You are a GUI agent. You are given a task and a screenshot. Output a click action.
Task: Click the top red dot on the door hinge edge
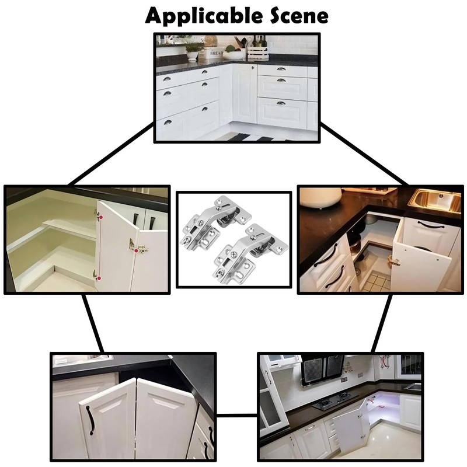[x=100, y=217]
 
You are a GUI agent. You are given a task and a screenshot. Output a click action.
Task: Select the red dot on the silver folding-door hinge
[x=136, y=251]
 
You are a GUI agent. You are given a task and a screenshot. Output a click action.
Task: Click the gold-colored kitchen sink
[x=434, y=201]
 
